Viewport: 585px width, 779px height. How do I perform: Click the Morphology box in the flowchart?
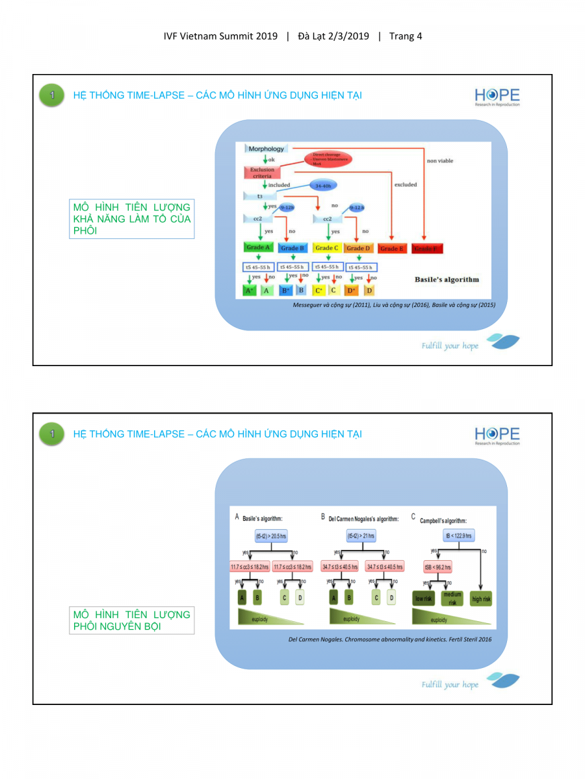coord(266,149)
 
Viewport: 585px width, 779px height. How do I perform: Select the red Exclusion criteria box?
coord(263,173)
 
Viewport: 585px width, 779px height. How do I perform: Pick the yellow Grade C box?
coord(326,248)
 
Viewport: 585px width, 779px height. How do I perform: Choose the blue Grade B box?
coord(292,248)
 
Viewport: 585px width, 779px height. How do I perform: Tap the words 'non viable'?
coord(440,160)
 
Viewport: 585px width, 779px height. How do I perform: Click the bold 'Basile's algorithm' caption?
coord(447,280)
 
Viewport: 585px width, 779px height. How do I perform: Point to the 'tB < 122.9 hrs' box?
coord(458,536)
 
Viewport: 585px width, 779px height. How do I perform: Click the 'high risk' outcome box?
coord(481,598)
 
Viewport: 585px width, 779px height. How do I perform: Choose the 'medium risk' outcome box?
coord(452,598)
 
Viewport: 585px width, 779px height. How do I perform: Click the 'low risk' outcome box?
coord(423,598)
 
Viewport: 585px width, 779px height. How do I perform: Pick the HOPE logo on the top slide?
coord(497,96)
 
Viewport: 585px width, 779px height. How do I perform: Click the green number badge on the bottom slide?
coord(52,434)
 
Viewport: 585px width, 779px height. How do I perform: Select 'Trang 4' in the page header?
coord(406,36)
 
